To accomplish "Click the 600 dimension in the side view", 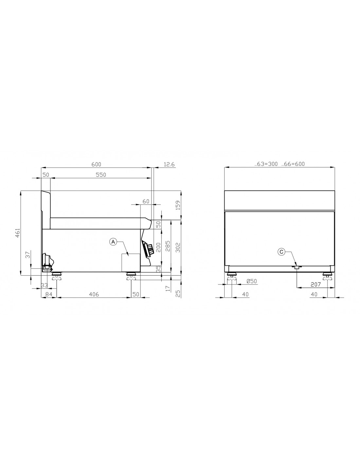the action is (96, 164).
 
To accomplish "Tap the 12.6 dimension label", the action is (169, 164).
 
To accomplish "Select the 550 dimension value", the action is (101, 175).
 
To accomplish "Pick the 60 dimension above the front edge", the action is (146, 201).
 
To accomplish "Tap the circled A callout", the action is (113, 242).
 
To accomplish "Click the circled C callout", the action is (281, 252).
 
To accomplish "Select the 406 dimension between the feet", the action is (94, 294).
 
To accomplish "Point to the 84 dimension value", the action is (49, 294).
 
